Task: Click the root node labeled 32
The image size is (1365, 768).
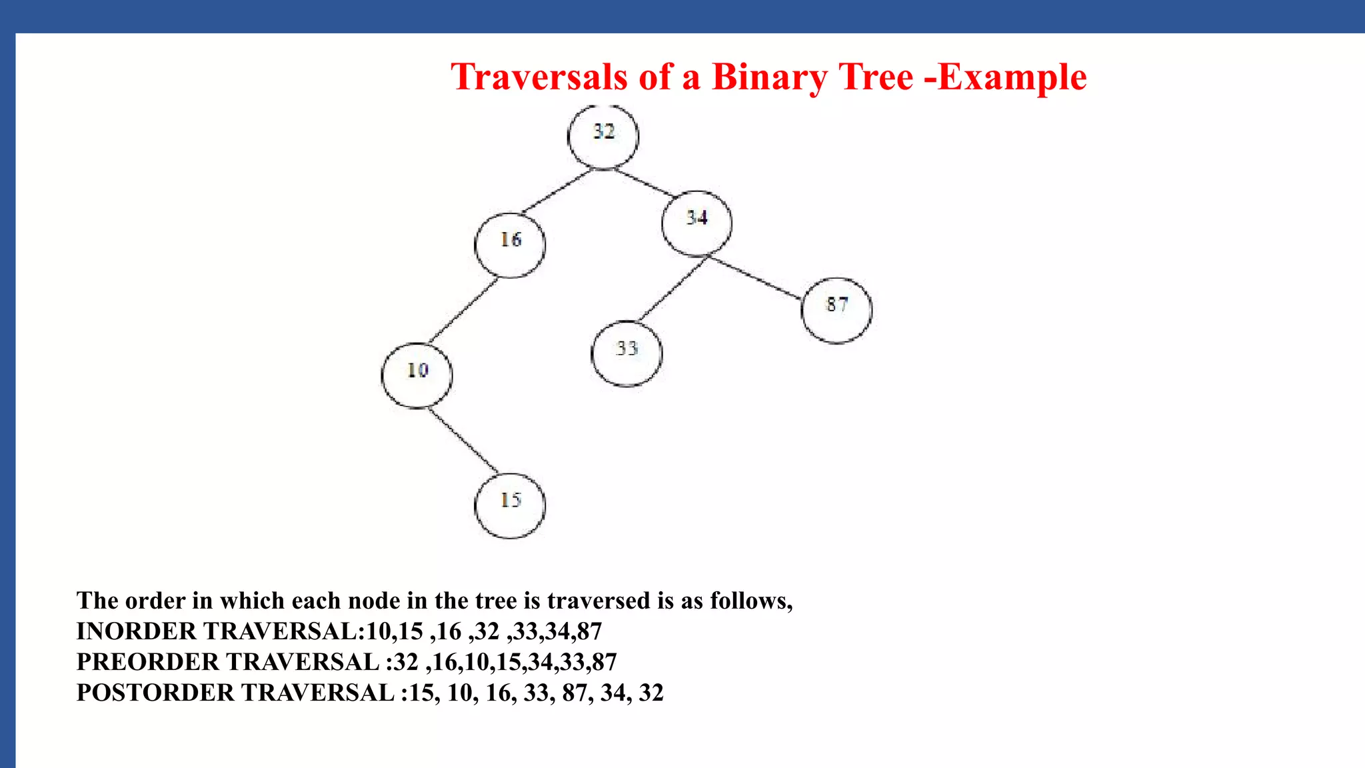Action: (603, 137)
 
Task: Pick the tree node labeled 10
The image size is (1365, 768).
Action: (417, 375)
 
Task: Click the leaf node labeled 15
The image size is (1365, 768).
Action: (510, 505)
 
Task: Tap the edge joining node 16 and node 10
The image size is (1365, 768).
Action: (463, 311)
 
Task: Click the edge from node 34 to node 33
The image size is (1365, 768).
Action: (672, 289)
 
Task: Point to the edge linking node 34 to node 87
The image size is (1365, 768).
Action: (755, 277)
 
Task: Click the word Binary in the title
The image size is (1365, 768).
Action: (769, 77)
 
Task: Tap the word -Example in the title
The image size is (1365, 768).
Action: (1006, 77)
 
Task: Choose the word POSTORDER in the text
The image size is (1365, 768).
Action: (155, 692)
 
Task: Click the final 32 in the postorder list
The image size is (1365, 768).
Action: (651, 692)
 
